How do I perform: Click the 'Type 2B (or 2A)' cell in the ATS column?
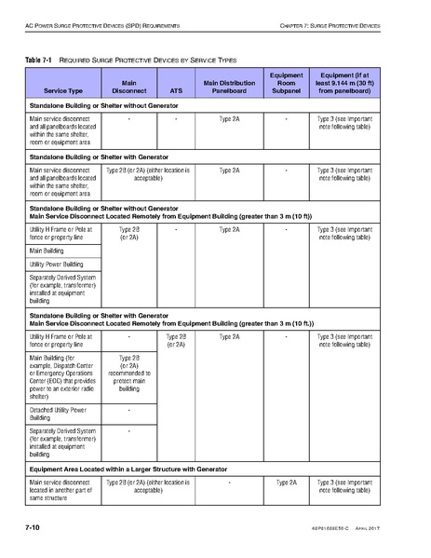coord(176,339)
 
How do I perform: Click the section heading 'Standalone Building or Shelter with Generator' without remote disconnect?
coord(100,157)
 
